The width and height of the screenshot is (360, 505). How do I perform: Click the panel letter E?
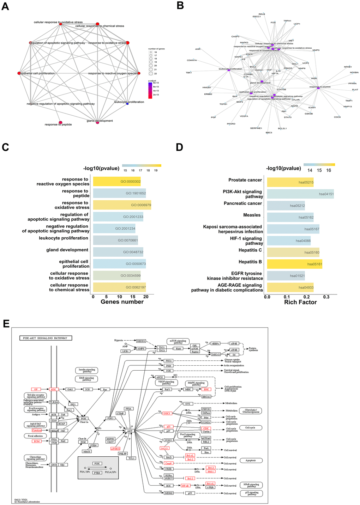coord(6,324)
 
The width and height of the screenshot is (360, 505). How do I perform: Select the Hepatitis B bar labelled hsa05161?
coord(294,264)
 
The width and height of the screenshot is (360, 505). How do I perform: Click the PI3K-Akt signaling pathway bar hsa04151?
coord(300,194)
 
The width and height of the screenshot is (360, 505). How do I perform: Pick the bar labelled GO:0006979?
coord(122,205)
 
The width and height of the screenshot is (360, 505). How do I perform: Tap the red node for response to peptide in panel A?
coord(60,122)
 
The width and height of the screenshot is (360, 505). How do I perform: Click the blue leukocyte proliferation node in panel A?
coord(127,104)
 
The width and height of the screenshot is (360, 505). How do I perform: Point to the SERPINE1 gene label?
coord(256,128)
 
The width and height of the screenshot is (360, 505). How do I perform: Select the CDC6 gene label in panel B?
coord(337,117)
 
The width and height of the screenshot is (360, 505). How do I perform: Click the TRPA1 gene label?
coord(287,21)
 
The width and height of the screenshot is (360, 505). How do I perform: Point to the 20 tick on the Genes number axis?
coord(146,297)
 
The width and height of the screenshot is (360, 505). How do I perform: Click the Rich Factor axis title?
coord(300,302)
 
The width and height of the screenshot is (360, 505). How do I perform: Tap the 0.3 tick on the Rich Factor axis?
coord(326,297)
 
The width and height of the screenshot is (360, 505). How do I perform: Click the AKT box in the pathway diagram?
coord(130,431)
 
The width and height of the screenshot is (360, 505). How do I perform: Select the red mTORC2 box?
coord(115,449)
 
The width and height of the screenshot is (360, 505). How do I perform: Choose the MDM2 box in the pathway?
coord(169,493)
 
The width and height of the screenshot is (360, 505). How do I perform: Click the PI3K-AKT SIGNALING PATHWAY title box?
coord(46,338)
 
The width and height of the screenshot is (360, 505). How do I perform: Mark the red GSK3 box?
coord(167,413)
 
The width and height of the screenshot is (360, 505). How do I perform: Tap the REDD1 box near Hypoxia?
coord(141,341)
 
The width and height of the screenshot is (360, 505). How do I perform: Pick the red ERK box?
coord(206,389)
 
